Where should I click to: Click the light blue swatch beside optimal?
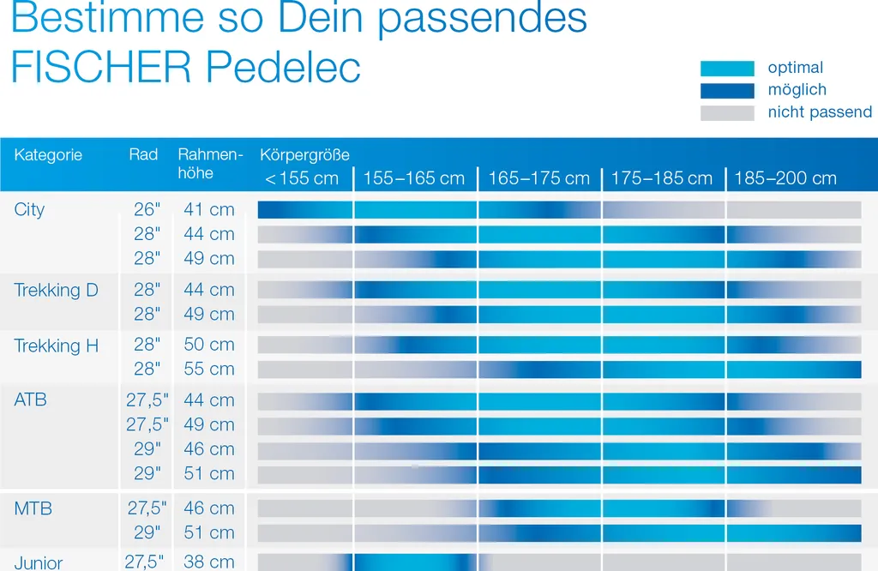[x=727, y=69]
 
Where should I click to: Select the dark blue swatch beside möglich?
[x=727, y=90]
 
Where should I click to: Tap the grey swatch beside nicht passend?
[x=727, y=112]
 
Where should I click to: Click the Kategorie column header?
[x=48, y=155]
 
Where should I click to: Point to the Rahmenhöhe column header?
[x=210, y=164]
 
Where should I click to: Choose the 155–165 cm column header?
[x=414, y=178]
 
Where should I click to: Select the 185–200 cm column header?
[x=785, y=178]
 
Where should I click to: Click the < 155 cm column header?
[x=302, y=178]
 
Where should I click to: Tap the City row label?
[x=29, y=210]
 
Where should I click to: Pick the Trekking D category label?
[x=56, y=290]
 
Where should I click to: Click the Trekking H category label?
[x=56, y=346]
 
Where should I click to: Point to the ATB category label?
[x=31, y=400]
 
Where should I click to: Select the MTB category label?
[x=33, y=508]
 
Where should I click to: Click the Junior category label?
[x=39, y=562]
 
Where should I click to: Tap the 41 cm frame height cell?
[x=209, y=210]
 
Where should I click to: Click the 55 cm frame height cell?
[x=209, y=369]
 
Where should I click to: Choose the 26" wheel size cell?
[x=147, y=210]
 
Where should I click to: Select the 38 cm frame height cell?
[x=209, y=562]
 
